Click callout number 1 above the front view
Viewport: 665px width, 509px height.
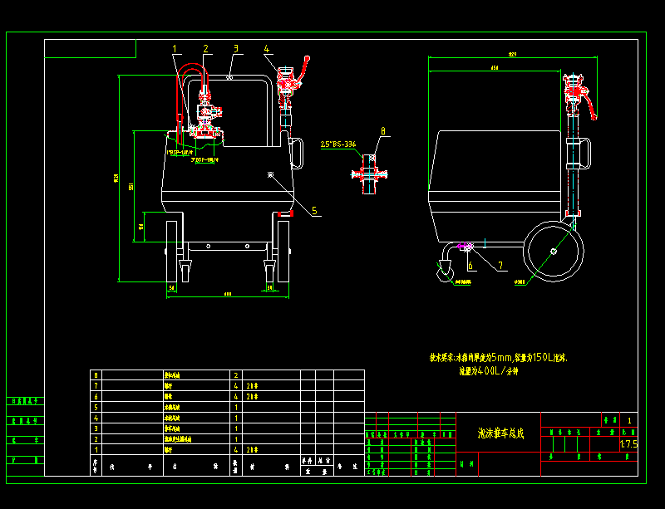point(175,49)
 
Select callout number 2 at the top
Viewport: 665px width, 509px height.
point(206,49)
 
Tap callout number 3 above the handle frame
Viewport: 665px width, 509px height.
point(236,49)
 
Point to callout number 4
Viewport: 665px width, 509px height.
point(268,49)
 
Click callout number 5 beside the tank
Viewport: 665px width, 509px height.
point(315,211)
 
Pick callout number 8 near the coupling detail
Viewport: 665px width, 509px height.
point(382,130)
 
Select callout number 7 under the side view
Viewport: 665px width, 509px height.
point(500,266)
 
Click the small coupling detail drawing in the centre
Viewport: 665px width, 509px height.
point(368,174)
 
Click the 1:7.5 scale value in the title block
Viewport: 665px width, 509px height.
point(628,444)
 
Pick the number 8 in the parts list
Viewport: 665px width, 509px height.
point(96,375)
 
